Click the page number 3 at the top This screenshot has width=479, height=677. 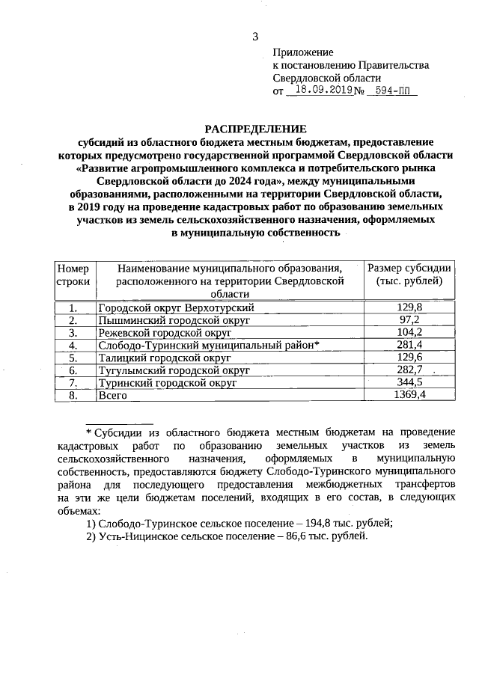(254, 37)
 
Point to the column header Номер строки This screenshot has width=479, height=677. (73, 275)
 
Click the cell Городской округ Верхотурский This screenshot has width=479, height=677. (177, 307)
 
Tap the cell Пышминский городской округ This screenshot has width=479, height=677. (174, 319)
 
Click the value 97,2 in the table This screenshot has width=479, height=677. (409, 319)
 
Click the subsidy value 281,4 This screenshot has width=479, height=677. (409, 345)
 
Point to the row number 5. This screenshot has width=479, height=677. (73, 358)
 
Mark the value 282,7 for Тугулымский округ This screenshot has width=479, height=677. (409, 370)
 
